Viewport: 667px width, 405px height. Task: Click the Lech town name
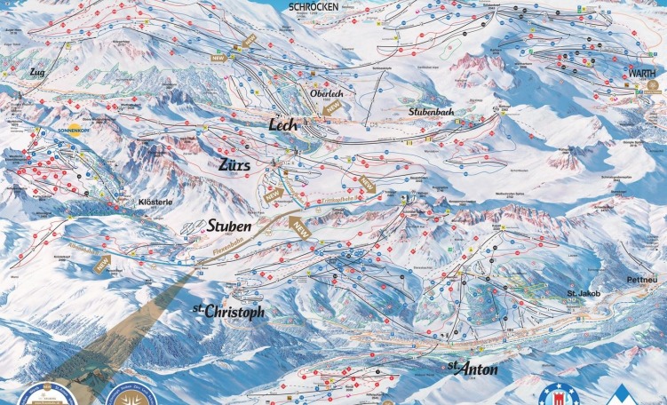tap(289, 127)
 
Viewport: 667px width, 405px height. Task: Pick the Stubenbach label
tap(432, 114)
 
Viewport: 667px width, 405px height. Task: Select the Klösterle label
tap(155, 202)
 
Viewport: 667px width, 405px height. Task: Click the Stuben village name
tap(228, 227)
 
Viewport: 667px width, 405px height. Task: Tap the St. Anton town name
tap(472, 367)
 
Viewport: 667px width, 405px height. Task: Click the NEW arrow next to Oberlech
tap(333, 107)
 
